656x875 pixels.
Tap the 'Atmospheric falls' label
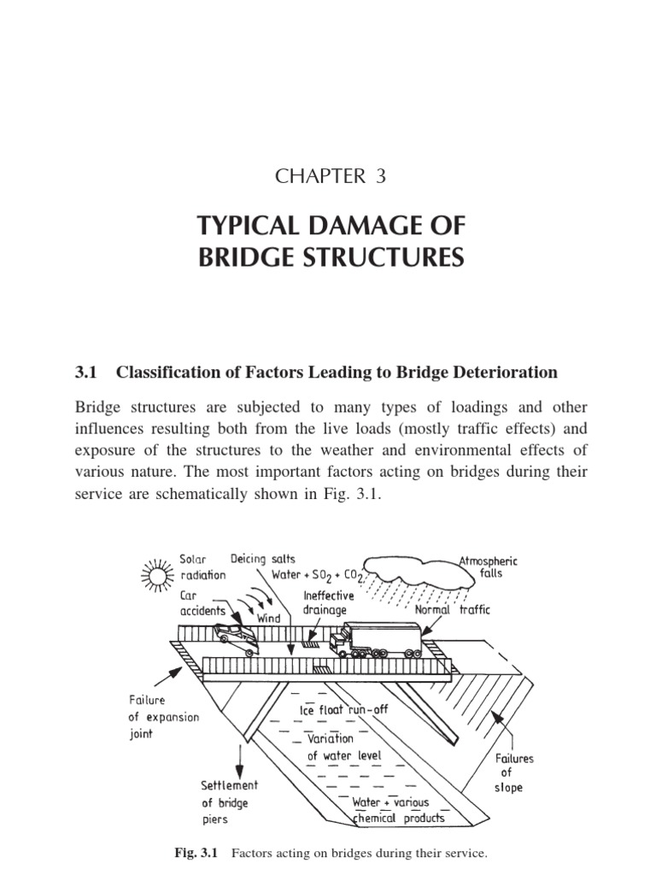[x=488, y=567]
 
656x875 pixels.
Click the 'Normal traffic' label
[x=453, y=611]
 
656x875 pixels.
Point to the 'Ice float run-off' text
[x=343, y=710]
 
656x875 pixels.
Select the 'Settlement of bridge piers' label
[x=228, y=802]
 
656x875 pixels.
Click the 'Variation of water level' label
[x=344, y=747]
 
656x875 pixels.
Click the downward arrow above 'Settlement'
[x=241, y=757]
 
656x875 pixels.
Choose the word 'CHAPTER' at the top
[x=309, y=177]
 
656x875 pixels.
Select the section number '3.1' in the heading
[x=89, y=373]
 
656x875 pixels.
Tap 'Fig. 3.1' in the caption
[x=197, y=853]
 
